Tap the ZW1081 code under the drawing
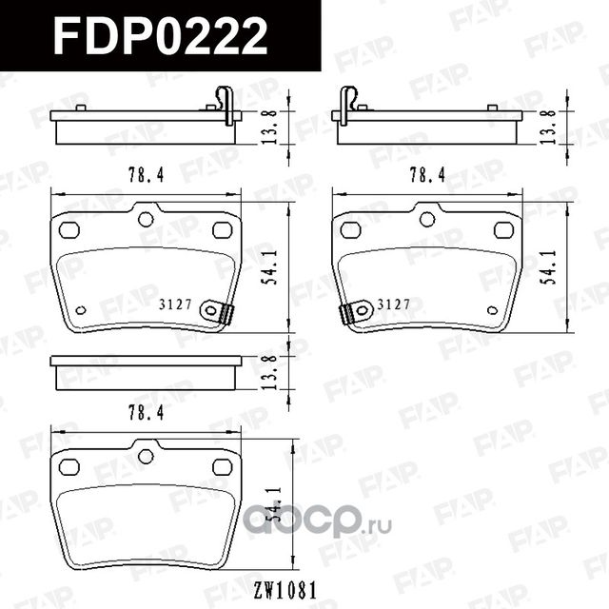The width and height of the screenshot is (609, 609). (285, 590)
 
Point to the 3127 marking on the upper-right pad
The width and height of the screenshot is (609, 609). (393, 304)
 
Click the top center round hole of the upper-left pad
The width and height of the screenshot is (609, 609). (146, 219)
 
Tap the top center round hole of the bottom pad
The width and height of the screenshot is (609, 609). (146, 457)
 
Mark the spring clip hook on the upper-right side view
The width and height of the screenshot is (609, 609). (349, 102)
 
